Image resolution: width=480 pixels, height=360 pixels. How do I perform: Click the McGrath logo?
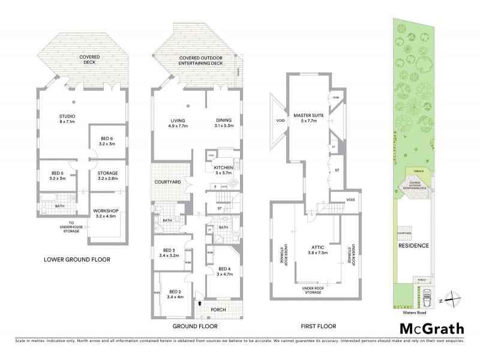pos(431,328)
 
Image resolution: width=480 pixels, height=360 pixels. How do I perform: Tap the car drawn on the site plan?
pos(427,295)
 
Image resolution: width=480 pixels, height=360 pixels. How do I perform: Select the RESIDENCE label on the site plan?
pos(414,246)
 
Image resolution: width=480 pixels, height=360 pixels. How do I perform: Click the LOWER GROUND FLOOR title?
pos(77,260)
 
